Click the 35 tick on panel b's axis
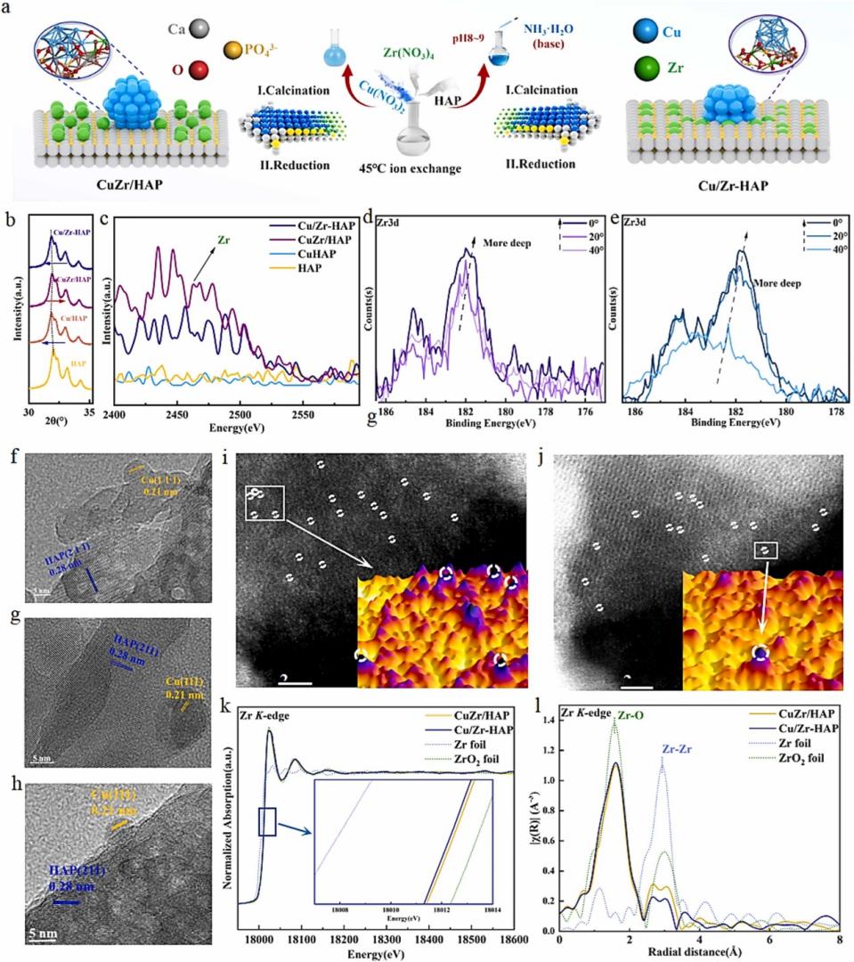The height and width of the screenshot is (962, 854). [x=89, y=415]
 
